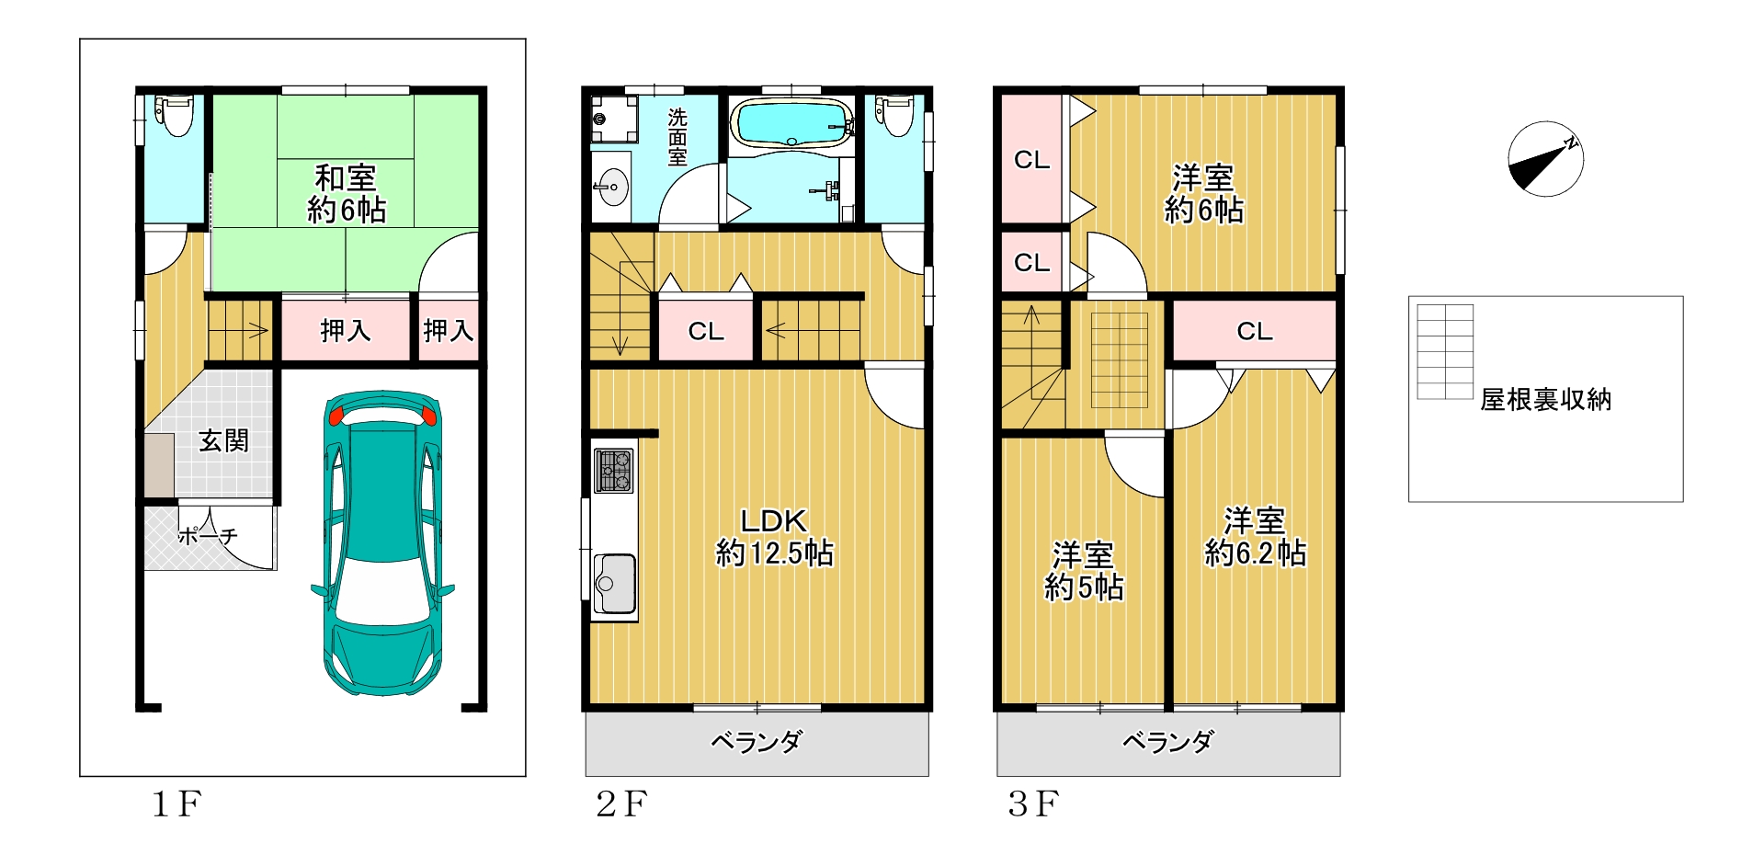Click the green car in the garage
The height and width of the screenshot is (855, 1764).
[382, 542]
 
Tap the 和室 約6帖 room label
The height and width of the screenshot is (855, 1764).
[346, 194]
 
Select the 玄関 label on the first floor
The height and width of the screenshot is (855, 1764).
[223, 441]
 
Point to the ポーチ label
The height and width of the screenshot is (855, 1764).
[208, 535]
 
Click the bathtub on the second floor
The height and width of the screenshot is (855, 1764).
[791, 123]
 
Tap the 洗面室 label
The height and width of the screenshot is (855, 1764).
[677, 137]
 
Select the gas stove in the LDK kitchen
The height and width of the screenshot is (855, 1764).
[613, 470]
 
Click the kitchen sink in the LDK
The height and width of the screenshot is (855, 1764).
[614, 584]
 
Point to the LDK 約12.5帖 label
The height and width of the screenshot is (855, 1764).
[774, 537]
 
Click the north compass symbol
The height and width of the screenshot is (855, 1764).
[1545, 159]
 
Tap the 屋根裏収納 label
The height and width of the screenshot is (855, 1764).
[1545, 400]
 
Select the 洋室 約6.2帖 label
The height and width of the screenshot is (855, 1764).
[1255, 537]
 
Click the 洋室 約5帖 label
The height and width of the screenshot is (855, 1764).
[1084, 571]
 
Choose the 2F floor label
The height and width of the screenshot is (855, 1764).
[621, 804]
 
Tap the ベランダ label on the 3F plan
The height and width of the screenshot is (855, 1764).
[1167, 742]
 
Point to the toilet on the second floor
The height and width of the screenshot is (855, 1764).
[894, 114]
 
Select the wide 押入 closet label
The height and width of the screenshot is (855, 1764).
[346, 330]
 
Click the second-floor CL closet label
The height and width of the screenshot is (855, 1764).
[706, 331]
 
